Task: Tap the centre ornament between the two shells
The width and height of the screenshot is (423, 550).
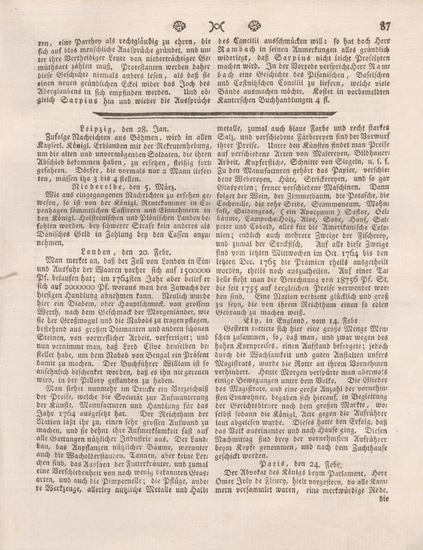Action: click(x=217, y=26)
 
